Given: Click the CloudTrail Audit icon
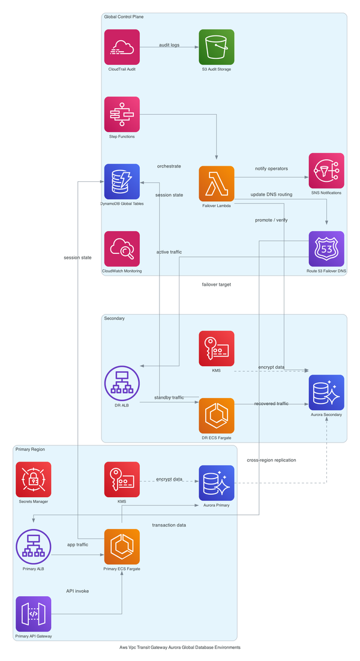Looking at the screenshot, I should click(122, 47).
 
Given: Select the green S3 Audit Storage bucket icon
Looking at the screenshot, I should click(217, 47).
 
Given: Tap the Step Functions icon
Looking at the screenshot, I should click(122, 114).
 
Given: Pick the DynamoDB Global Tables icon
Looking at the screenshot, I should click(122, 181).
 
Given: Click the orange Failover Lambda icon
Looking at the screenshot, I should click(217, 184).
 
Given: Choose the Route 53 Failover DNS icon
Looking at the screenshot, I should click(326, 249).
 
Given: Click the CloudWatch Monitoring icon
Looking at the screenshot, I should click(122, 249).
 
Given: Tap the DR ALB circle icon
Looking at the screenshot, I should click(122, 383).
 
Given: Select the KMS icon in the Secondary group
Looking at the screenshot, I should click(217, 348).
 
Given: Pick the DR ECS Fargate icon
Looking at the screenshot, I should click(217, 415).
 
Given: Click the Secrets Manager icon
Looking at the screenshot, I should click(34, 479).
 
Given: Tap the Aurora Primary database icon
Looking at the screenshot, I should click(217, 483).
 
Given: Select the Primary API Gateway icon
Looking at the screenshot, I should click(34, 614).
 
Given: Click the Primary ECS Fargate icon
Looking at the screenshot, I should click(122, 546).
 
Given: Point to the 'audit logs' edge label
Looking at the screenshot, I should click(169, 45).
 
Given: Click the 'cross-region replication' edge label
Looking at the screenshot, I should click(271, 460).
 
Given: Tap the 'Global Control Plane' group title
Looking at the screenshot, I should click(124, 17).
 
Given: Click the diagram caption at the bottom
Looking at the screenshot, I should click(180, 648).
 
